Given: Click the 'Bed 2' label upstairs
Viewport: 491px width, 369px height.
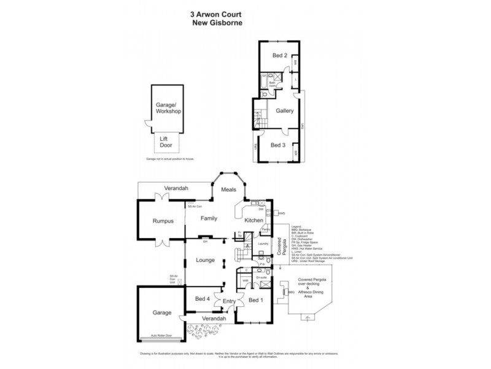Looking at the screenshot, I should pyautogui.click(x=279, y=55).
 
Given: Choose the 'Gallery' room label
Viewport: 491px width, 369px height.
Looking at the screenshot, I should pyautogui.click(x=284, y=111).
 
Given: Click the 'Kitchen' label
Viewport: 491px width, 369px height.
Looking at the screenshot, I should pyautogui.click(x=254, y=220).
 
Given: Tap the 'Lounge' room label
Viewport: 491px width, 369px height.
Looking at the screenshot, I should pyautogui.click(x=204, y=260).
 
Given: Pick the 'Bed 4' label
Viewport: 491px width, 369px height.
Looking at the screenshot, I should pyautogui.click(x=203, y=299).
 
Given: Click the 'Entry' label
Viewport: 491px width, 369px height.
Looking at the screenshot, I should pyautogui.click(x=230, y=301).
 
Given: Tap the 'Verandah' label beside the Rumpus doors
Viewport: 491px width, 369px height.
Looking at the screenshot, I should pyautogui.click(x=176, y=188).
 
